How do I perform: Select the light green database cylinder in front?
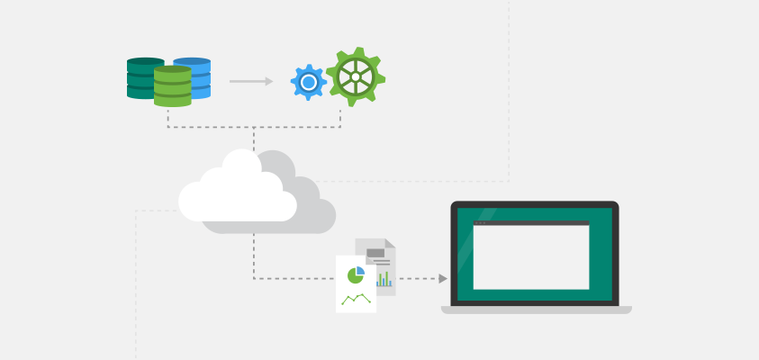pos(172,87)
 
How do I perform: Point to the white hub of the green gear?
pos(356,77)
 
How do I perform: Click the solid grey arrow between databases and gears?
pos(250,81)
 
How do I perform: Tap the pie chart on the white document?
pos(356,274)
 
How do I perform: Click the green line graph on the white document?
pos(356,298)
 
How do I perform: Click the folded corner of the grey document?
pos(390,243)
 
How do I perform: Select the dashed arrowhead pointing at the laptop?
pos(443,279)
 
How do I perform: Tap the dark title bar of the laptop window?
pos(531,222)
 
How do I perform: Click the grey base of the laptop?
pos(536,310)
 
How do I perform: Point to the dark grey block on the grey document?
pos(375,253)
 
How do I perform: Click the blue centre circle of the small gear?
pos(308,82)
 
